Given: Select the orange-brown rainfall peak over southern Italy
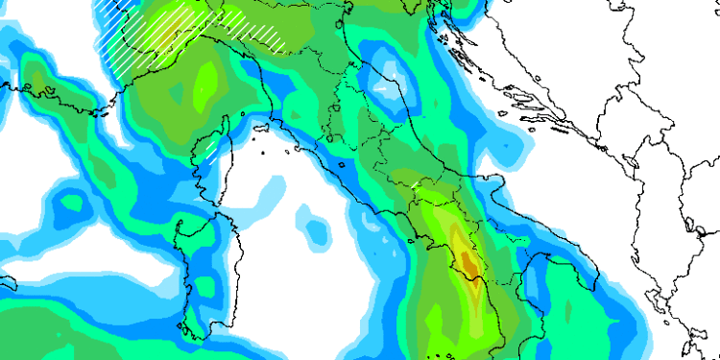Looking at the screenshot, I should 468,261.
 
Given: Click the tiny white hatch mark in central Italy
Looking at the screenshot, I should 414,181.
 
